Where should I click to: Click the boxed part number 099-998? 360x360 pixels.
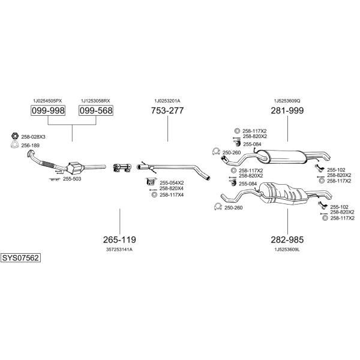[48, 110]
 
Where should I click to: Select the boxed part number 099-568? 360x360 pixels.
[96, 110]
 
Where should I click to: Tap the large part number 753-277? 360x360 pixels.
[167, 110]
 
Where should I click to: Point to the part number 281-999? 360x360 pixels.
[287, 110]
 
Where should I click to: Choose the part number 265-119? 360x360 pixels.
[119, 239]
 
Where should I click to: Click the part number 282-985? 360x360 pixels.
[287, 239]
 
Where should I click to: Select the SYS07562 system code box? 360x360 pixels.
[20, 258]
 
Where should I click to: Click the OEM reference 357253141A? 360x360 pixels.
[119, 250]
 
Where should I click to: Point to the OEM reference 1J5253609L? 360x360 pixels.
[287, 250]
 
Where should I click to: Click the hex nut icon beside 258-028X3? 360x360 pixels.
[15, 136]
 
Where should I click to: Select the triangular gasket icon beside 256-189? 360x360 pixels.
[14, 145]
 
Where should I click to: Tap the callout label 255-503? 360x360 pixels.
[72, 179]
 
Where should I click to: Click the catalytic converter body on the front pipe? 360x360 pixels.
[75, 168]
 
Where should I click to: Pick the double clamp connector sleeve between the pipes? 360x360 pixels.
[122, 167]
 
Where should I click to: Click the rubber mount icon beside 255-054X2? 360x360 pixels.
[151, 182]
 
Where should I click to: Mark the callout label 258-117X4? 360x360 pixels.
[172, 195]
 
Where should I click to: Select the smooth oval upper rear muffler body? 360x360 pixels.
[282, 157]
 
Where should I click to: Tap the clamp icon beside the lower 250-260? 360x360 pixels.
[218, 206]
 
